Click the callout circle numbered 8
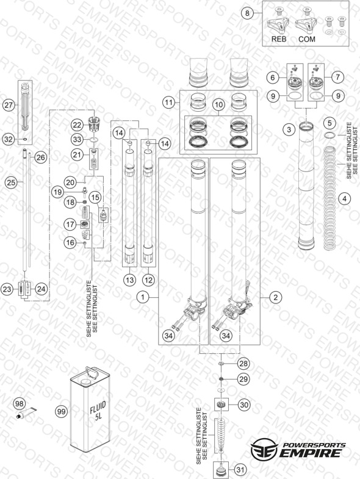pos(247,13)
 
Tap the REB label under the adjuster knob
pos(279,39)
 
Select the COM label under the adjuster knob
pos(306,39)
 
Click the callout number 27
pos(9,106)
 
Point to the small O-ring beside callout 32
pos(24,140)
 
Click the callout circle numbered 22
pos(77,125)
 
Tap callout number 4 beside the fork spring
pos(344,198)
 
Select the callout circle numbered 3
pos(289,130)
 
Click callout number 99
pos(62,411)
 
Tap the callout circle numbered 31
pos(241,469)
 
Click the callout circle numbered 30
pos(244,405)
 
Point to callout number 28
pos(243,364)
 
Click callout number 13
pos(130,280)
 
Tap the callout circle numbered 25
pos(11,182)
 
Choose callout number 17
pos(70,225)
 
